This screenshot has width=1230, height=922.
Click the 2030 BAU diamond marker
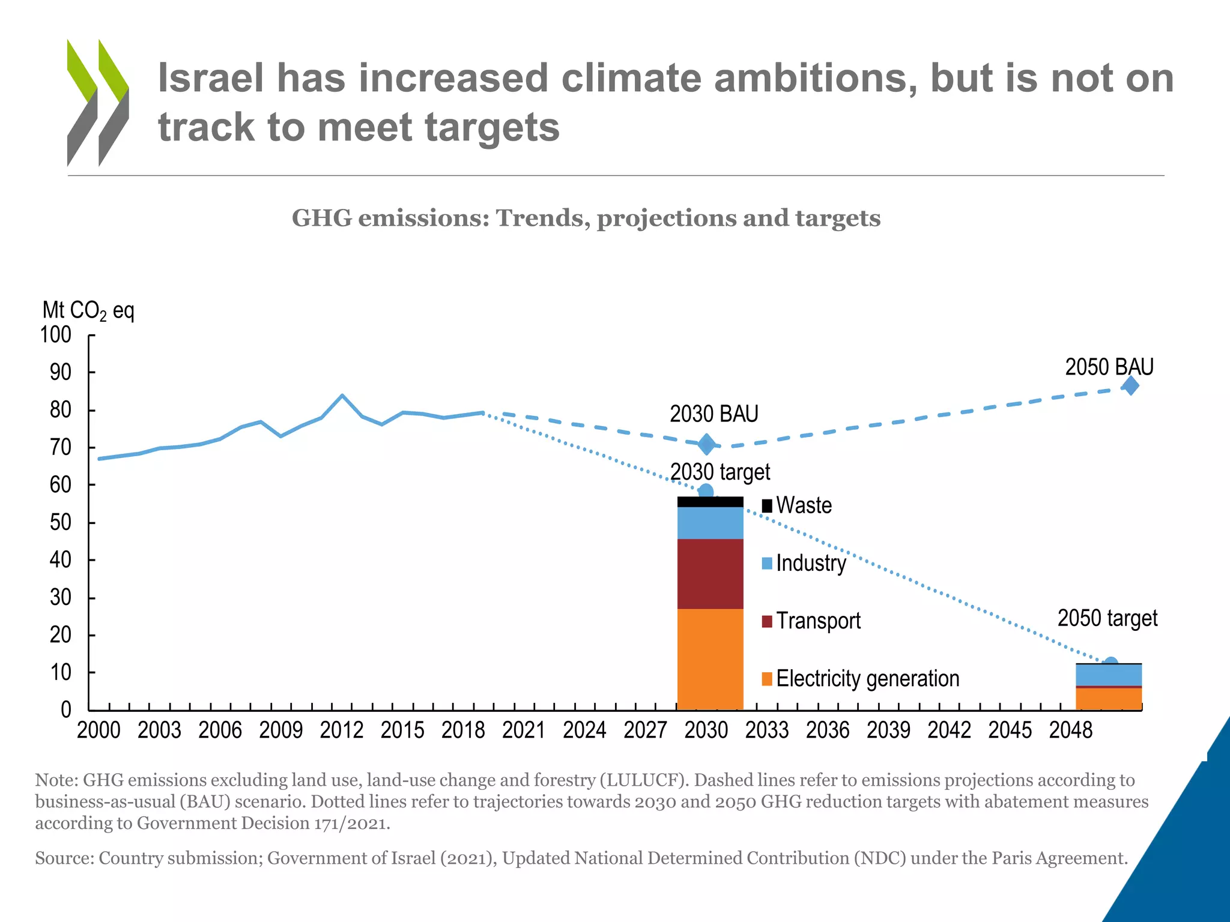(x=707, y=445)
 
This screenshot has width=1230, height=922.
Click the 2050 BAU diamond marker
(x=1130, y=386)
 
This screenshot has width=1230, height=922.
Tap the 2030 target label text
(x=720, y=472)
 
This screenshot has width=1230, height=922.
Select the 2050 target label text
(x=1107, y=618)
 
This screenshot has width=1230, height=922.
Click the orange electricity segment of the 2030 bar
(x=710, y=659)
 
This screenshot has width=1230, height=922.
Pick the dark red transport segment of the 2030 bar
(x=710, y=574)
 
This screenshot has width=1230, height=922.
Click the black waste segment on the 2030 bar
(x=710, y=502)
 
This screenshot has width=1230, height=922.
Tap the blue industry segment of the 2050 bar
(x=1109, y=675)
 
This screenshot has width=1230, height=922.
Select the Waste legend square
(x=767, y=505)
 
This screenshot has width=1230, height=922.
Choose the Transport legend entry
(x=817, y=621)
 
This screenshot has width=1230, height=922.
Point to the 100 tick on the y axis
(x=56, y=335)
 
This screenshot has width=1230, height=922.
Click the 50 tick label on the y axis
(x=60, y=523)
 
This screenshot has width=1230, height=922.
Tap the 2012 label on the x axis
(x=342, y=731)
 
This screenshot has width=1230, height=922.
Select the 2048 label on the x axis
(x=1070, y=731)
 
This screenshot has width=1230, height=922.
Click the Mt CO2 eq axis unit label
(x=88, y=311)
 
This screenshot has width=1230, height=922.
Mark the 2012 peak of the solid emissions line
(x=342, y=396)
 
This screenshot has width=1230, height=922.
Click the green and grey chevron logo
(x=98, y=102)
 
